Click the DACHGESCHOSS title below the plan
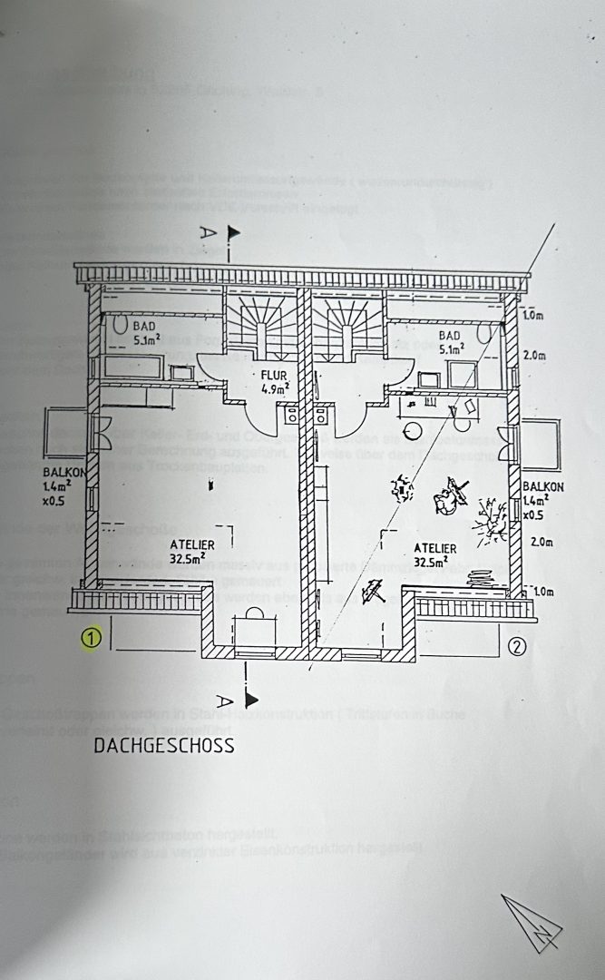pyautogui.click(x=164, y=746)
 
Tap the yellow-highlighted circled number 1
pyautogui.click(x=91, y=640)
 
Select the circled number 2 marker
pyautogui.click(x=517, y=646)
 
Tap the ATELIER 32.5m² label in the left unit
pyautogui.click(x=192, y=551)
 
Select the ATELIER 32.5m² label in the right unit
pyautogui.click(x=434, y=554)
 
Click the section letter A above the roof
pyautogui.click(x=209, y=233)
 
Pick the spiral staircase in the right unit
pyautogui.click(x=349, y=326)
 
